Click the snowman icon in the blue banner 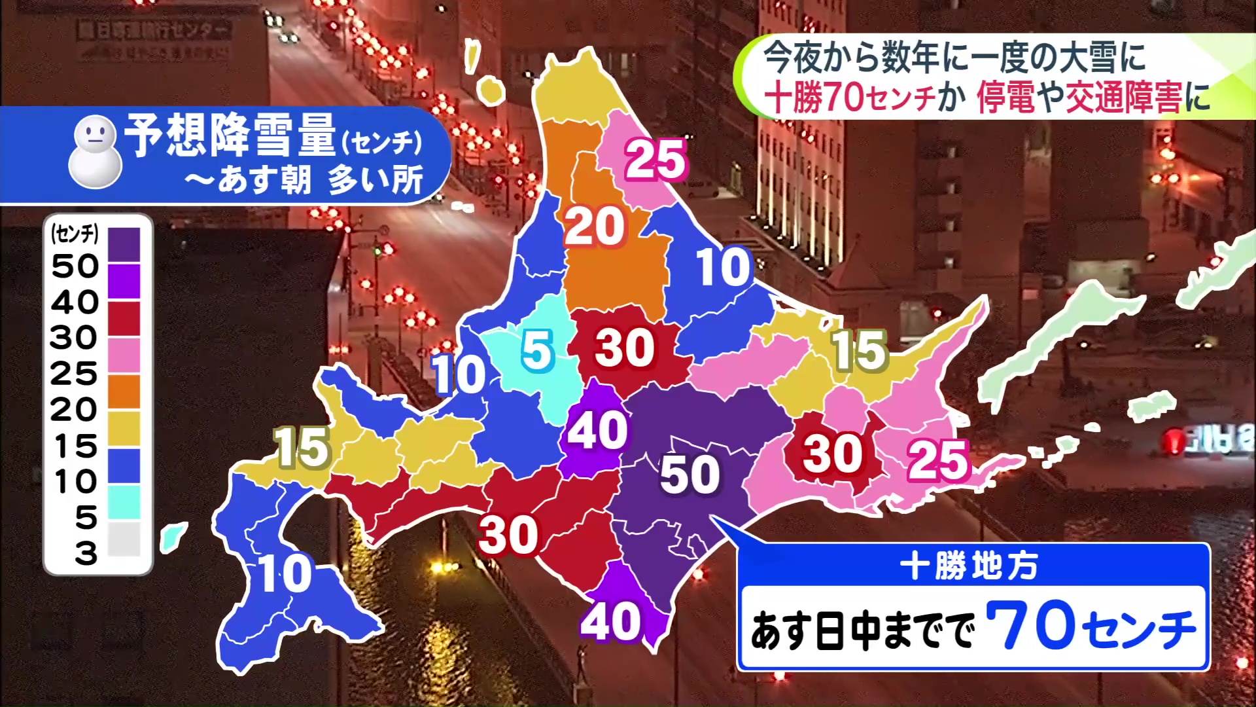coord(96,152)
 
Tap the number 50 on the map coord(689,474)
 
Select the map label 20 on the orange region coord(595,227)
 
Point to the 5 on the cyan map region coord(537,350)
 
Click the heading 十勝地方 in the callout coord(969,566)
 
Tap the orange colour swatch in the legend coord(124,391)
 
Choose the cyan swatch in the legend coord(124,501)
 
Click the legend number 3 coord(86,554)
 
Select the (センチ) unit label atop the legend coord(75,233)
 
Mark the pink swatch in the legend coord(124,354)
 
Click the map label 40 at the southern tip coord(610,622)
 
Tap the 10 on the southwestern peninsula coord(285,574)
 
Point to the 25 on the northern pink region coord(655,159)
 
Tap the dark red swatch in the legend coord(124,317)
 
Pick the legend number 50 coord(75,266)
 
